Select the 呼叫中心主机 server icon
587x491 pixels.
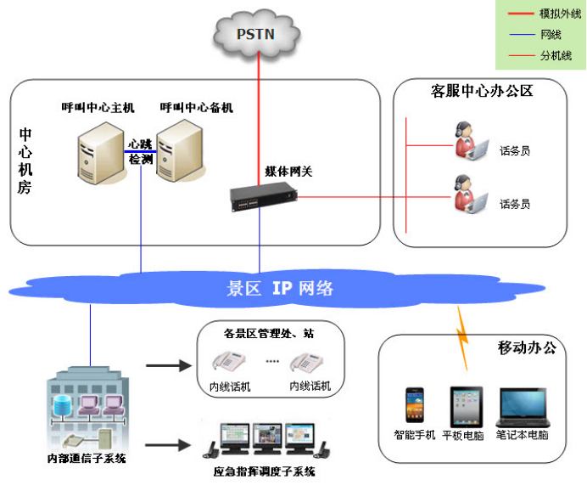coord(98,153)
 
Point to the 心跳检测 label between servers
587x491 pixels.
coord(141,151)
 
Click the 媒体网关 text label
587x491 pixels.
coord(289,172)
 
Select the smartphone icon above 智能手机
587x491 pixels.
coord(414,407)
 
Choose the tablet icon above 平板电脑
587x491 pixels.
coord(466,407)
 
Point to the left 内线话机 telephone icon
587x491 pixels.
coord(229,363)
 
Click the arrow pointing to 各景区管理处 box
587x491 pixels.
coord(168,366)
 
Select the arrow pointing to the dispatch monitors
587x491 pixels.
coord(168,444)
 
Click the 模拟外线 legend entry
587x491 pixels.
coord(540,13)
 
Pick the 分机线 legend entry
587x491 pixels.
coord(540,56)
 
